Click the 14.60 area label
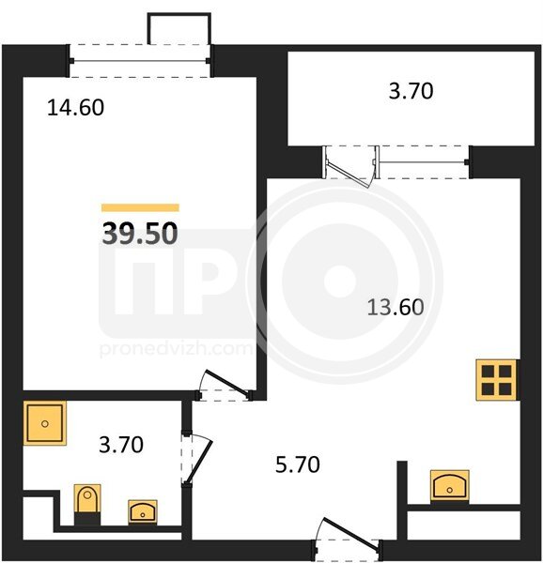click(75, 107)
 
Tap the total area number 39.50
click(140, 234)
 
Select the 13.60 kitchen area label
click(396, 308)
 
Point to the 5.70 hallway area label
click(298, 464)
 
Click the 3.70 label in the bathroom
click(121, 445)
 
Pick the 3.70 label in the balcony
click(411, 91)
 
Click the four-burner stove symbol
click(496, 380)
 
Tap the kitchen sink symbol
click(450, 485)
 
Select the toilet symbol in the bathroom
click(87, 498)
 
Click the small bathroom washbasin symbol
click(143, 511)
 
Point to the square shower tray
click(45, 423)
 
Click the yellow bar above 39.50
click(141, 207)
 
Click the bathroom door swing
click(197, 459)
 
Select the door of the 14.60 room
click(225, 386)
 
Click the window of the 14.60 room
click(140, 61)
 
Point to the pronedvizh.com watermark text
click(176, 349)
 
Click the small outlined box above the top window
click(178, 29)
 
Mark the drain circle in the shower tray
click(45, 424)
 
